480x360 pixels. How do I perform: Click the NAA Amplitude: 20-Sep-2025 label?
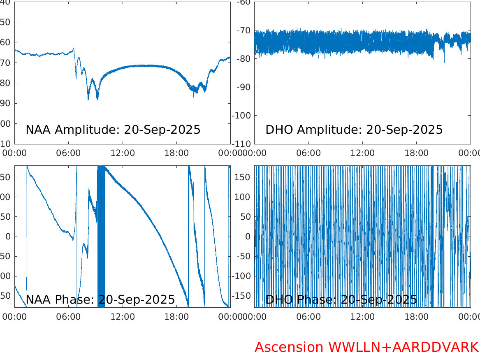click(113, 130)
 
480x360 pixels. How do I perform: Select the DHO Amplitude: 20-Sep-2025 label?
click(354, 130)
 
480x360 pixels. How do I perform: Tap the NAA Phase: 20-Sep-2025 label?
click(100, 300)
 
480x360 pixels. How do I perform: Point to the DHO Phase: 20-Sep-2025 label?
click(341, 300)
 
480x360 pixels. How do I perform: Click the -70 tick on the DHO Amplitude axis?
click(244, 30)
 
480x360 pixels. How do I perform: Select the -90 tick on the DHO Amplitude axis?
click(244, 87)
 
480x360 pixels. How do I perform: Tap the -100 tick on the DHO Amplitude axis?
click(242, 115)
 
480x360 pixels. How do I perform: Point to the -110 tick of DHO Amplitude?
click(242, 144)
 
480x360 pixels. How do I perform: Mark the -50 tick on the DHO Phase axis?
click(243, 256)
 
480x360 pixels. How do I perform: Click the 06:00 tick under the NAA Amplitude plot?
click(68, 153)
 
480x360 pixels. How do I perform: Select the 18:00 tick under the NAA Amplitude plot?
click(176, 153)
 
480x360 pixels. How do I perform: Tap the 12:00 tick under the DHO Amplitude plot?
click(362, 153)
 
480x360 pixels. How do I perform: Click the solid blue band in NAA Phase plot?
click(101, 237)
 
